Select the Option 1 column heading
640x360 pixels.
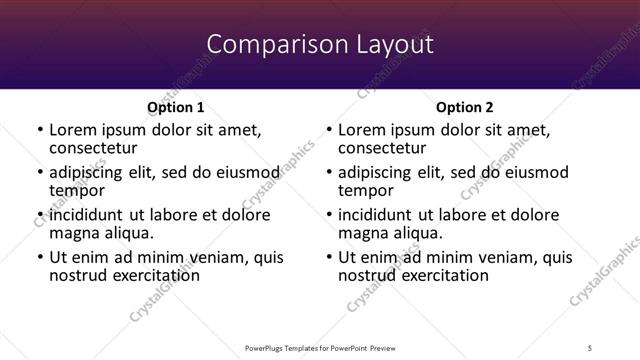point(175,106)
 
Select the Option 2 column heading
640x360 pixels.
point(465,106)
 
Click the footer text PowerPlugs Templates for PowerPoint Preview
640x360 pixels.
point(319,347)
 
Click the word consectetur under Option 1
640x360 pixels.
point(92,147)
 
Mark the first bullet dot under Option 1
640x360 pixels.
point(40,130)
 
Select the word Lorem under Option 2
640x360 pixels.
point(361,129)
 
